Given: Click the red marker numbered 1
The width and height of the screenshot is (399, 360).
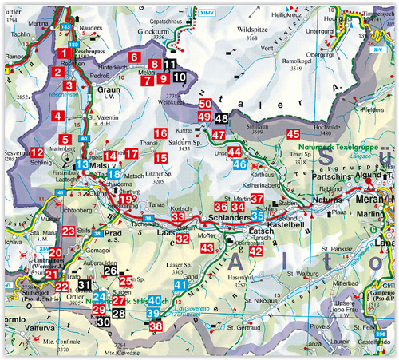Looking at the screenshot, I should click(62, 54).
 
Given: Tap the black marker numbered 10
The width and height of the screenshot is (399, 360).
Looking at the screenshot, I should click(180, 77).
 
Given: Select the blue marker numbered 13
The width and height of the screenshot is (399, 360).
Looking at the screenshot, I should click(81, 165).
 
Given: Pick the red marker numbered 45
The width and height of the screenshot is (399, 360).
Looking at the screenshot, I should click(293, 135).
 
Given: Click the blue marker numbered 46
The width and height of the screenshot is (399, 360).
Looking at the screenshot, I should click(239, 164).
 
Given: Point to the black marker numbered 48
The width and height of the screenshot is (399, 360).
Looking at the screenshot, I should click(221, 118).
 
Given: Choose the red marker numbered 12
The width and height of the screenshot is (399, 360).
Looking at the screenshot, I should click(38, 152).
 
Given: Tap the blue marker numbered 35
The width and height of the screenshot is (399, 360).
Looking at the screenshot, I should click(258, 216).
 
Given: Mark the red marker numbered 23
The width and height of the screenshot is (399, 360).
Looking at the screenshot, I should click(69, 231).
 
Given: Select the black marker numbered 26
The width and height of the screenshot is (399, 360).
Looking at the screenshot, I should click(111, 271).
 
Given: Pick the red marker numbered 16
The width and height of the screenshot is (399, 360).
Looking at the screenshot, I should click(160, 133).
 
